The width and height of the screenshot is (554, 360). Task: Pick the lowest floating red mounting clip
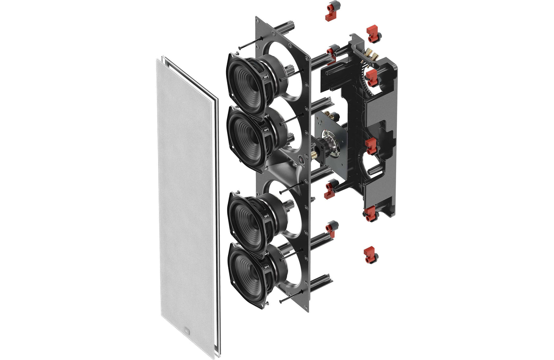(370, 255)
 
